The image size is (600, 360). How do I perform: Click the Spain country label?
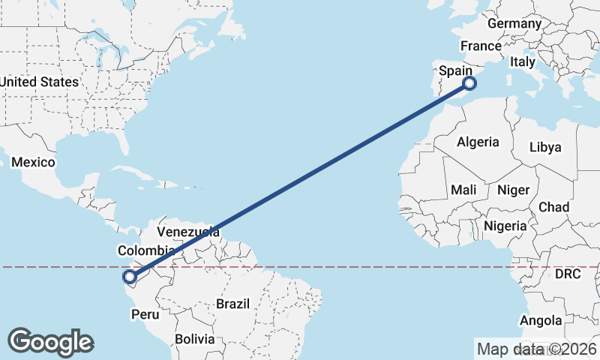pos(455,70)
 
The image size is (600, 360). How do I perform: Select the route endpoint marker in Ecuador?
pos(130,277)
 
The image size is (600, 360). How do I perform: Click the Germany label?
pos(514,24)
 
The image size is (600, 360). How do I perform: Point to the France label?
pos(481,46)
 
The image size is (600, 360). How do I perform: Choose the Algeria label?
pos(478,142)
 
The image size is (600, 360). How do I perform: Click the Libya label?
pos(545,147)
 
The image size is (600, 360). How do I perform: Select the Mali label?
pos(464,190)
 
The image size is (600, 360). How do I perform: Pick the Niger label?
pos(513,190)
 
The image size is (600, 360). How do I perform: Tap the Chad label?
pos(553,207)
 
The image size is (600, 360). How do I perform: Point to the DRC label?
pos(568,274)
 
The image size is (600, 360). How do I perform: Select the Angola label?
pos(541,321)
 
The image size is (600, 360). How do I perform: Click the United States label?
pos(39,82)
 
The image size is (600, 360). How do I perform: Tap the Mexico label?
pos(34,163)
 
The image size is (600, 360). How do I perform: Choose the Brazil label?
pos(232,304)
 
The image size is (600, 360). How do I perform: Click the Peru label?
pos(145,315)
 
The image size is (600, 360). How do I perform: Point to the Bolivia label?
pos(194,339)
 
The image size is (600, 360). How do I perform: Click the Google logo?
pos(51,342)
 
